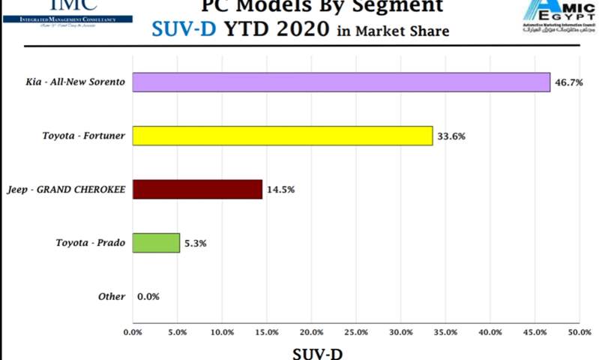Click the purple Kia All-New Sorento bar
coord(341,82)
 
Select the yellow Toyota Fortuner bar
coord(283,136)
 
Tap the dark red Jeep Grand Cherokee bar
coord(197,189)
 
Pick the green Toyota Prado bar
coord(156,243)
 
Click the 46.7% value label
coord(569,82)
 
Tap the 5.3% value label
coord(196,244)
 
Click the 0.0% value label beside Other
coord(148,297)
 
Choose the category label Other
coord(112,296)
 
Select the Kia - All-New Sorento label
coord(76,82)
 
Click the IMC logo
coord(67,11)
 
